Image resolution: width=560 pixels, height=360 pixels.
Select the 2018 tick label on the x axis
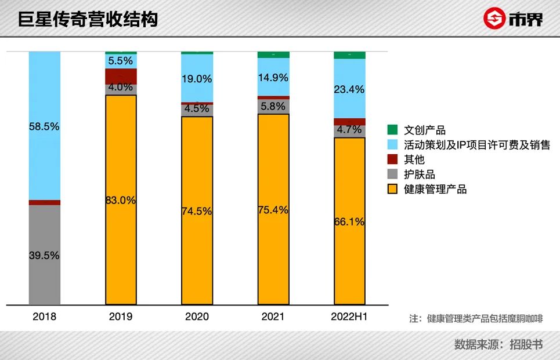[x=45, y=317]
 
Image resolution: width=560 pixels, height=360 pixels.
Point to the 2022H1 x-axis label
[x=349, y=317]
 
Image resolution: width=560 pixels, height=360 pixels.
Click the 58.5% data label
[x=44, y=126]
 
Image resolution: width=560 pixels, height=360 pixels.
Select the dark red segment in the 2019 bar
[x=121, y=76]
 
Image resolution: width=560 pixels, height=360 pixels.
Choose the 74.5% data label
[x=197, y=212]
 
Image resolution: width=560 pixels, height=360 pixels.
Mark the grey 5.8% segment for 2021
[x=273, y=106]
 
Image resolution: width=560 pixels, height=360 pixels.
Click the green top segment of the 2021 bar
[x=273, y=54]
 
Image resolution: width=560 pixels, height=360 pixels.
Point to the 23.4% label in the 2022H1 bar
[x=349, y=89]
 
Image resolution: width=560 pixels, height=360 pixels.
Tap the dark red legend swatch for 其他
[x=392, y=159]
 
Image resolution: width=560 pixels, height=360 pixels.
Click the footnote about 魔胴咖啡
[x=476, y=318]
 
